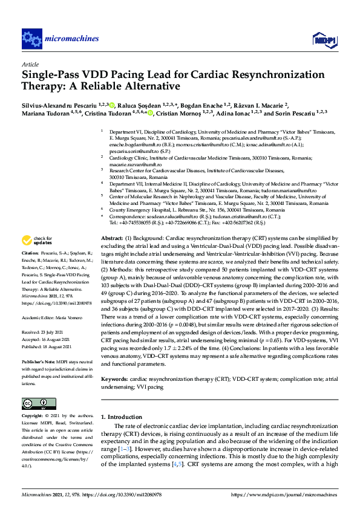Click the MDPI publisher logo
(323, 40)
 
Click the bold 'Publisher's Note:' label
(39, 361)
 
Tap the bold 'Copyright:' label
(32, 417)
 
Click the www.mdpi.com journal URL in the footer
(284, 494)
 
